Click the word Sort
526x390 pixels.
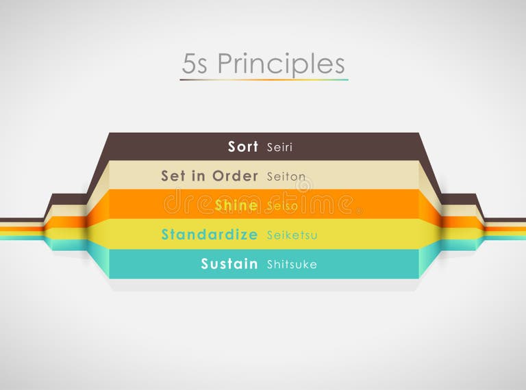click(243, 146)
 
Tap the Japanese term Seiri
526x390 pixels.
click(279, 147)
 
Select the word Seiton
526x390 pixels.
click(286, 177)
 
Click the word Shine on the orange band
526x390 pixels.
click(236, 205)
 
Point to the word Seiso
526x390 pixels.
click(281, 206)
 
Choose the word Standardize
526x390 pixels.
click(210, 235)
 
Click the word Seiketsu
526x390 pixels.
click(292, 235)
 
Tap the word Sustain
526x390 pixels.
click(229, 264)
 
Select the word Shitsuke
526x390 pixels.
click(292, 265)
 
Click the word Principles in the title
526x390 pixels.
click(281, 64)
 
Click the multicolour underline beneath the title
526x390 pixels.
click(264, 80)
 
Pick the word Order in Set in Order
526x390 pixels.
click(235, 176)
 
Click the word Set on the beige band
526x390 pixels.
click(174, 176)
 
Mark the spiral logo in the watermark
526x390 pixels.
click(303, 185)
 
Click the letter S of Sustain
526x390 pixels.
click(205, 264)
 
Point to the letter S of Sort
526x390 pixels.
click(233, 146)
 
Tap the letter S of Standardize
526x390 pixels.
click(166, 235)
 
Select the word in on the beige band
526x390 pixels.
click(199, 176)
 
